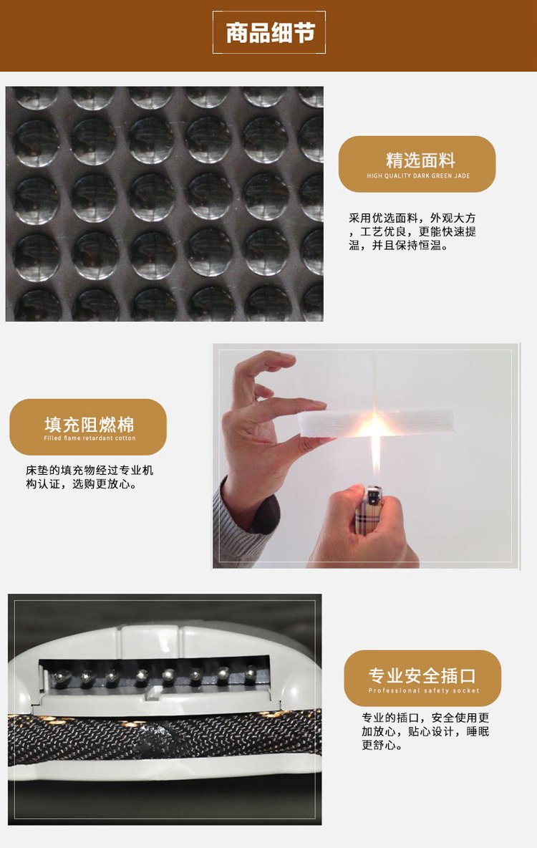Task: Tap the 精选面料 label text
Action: pyautogui.click(x=420, y=160)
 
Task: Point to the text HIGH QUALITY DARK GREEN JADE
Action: pyautogui.click(x=418, y=175)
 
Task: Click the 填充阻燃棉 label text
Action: pyautogui.click(x=89, y=424)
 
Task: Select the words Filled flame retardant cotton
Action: pyautogui.click(x=89, y=438)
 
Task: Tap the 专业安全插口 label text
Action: pyautogui.click(x=422, y=675)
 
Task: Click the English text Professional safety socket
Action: pyautogui.click(x=423, y=690)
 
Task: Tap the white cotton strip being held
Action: pyautogui.click(x=376, y=423)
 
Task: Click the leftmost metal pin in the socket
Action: pyautogui.click(x=61, y=676)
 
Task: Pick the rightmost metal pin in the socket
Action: pyautogui.click(x=251, y=674)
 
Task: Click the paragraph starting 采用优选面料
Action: pyautogui.click(x=412, y=231)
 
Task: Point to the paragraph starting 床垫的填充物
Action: pyautogui.click(x=89, y=477)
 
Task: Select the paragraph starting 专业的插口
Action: pyautogui.click(x=425, y=731)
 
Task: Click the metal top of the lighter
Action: pyautogui.click(x=374, y=493)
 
